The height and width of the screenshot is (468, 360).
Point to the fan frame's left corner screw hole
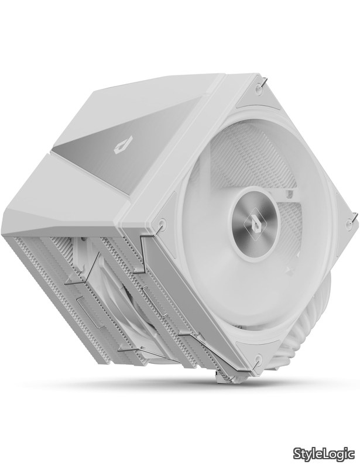coord(162,222)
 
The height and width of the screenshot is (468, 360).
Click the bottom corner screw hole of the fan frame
coord(258,357)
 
